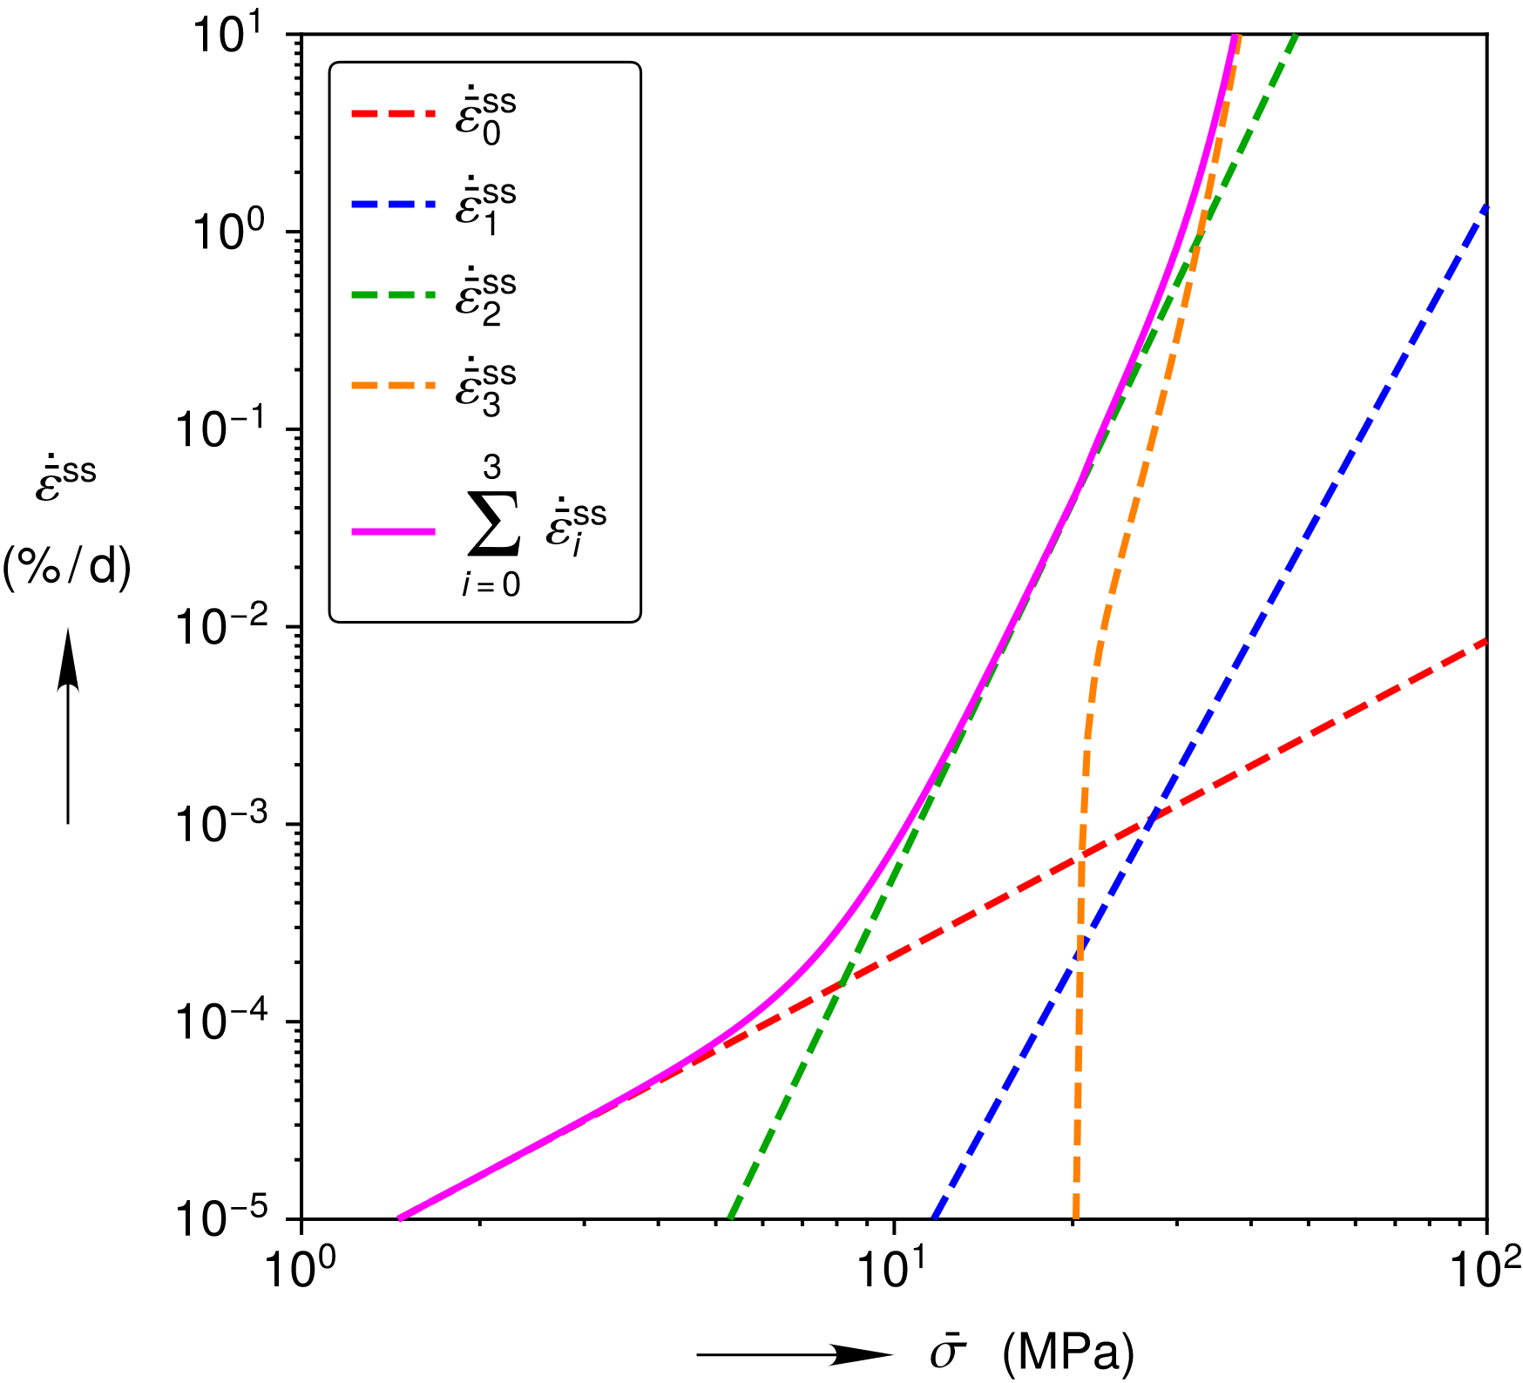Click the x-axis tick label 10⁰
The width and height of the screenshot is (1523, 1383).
[298, 1270]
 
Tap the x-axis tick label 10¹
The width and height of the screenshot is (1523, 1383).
[890, 1270]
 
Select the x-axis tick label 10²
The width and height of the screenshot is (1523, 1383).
[1482, 1270]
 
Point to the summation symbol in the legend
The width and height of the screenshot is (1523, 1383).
[494, 524]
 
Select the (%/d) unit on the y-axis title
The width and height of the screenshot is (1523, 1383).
[67, 569]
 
